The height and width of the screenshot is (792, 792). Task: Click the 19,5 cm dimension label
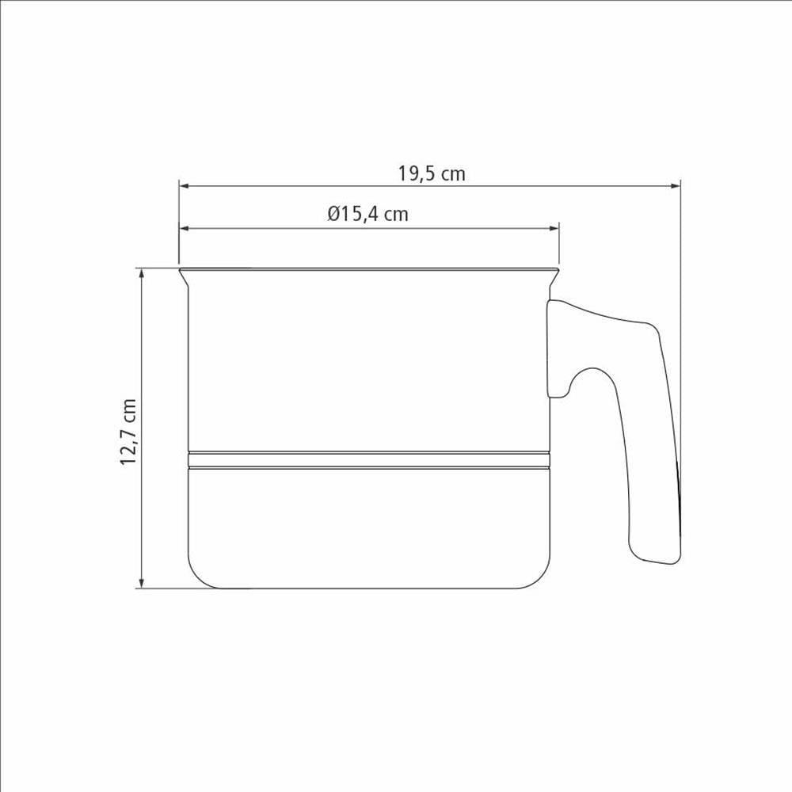point(432,173)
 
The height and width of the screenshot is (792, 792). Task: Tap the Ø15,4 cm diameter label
point(367,214)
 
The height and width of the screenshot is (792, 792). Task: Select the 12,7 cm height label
point(128,432)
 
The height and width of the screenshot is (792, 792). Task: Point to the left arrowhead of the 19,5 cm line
point(184,186)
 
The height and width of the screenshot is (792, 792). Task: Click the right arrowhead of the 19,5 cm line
point(676,186)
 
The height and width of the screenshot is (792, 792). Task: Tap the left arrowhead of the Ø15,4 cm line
point(184,228)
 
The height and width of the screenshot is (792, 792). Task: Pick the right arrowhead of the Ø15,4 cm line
point(554,228)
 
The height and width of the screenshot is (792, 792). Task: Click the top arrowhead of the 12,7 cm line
point(142,273)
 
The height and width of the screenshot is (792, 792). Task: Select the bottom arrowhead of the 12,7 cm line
point(142,583)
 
